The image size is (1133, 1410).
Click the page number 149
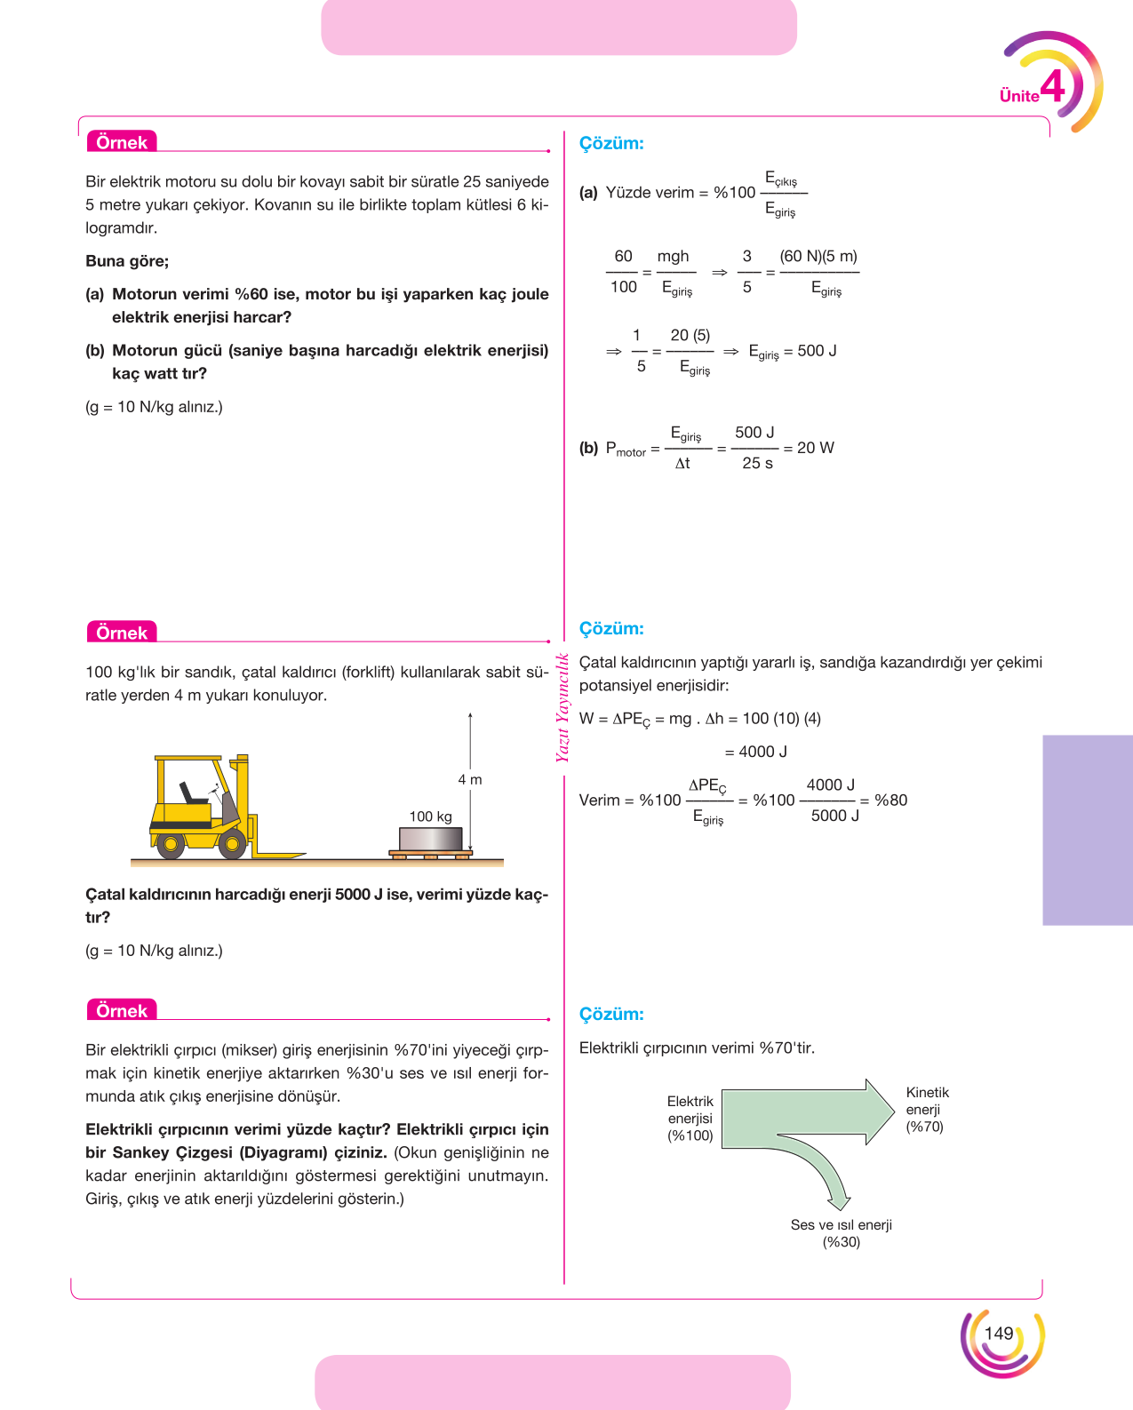point(998,1334)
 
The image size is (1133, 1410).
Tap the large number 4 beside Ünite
point(1052,86)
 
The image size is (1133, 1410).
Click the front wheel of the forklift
point(232,844)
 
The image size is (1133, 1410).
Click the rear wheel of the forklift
point(171,844)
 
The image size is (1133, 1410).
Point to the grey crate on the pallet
point(430,840)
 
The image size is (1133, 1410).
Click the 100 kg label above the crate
point(430,817)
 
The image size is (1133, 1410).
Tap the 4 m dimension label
point(470,780)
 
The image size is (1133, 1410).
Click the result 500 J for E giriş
point(817,351)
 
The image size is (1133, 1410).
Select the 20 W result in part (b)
point(815,448)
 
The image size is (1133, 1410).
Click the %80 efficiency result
point(891,800)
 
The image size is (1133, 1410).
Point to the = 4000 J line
point(755,752)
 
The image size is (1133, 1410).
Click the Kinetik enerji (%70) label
point(927,1110)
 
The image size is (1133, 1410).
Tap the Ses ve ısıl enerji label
point(842,1224)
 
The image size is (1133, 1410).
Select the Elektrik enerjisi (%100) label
point(690,1119)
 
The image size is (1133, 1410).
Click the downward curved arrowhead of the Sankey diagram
point(839,1201)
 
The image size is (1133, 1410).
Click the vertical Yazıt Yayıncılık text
point(563,707)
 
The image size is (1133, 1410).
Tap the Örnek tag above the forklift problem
point(122,633)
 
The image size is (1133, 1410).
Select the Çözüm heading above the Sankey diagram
point(611,1014)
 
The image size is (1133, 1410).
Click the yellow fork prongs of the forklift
point(278,855)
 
